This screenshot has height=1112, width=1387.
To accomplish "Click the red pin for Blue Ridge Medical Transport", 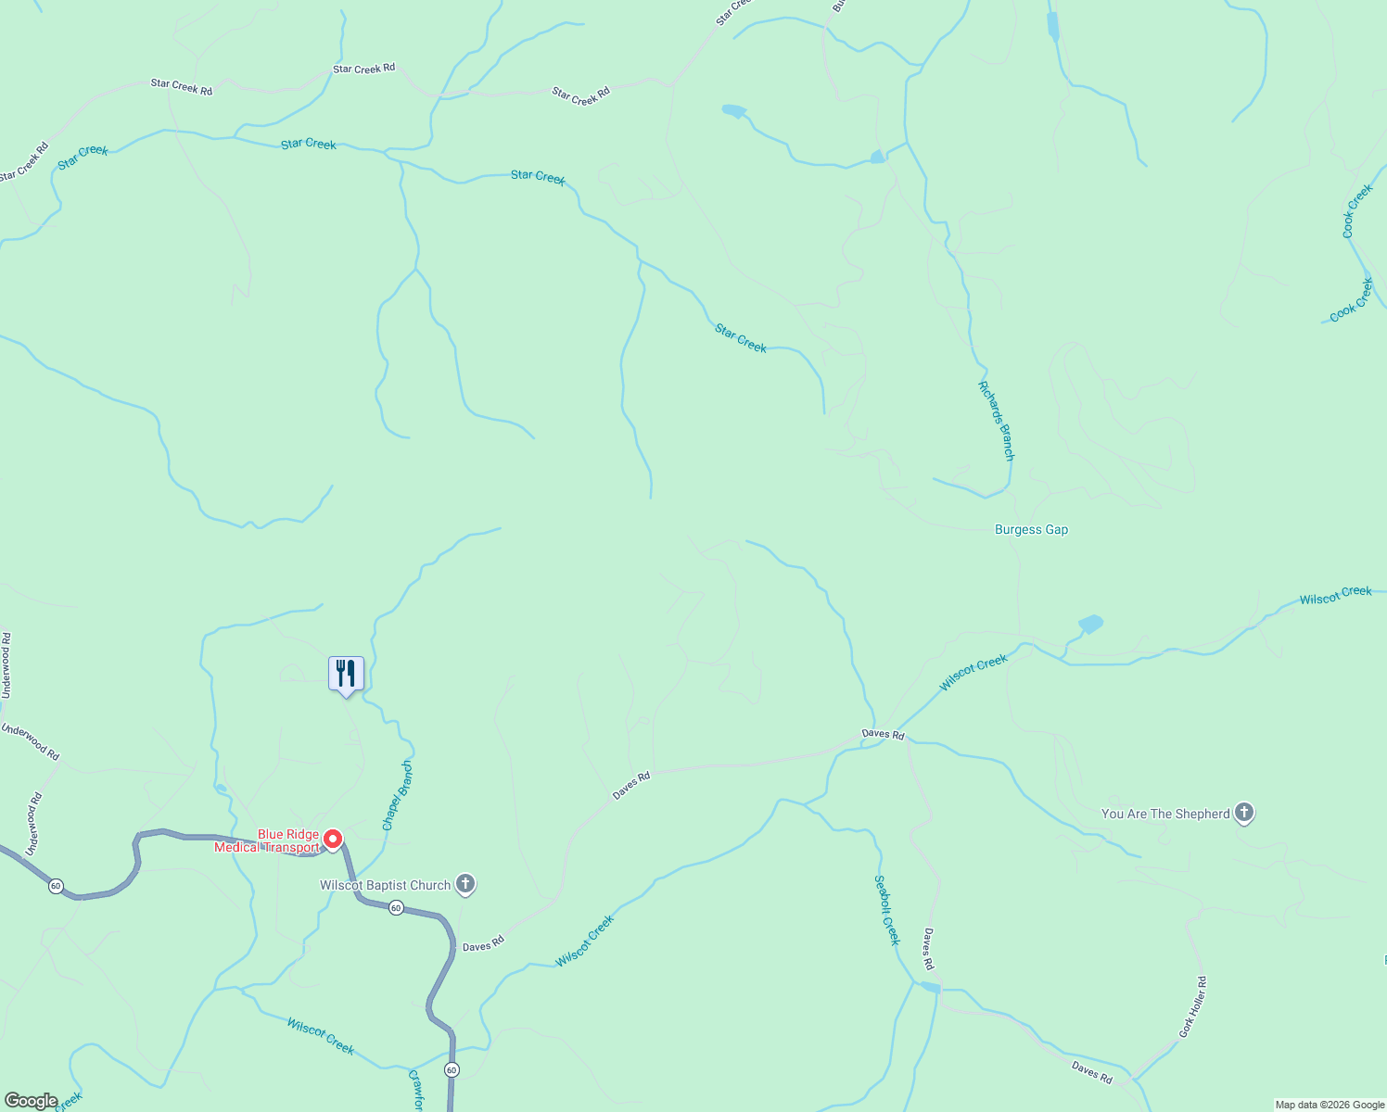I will (x=333, y=840).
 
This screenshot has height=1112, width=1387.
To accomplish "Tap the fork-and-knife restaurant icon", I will (x=346, y=673).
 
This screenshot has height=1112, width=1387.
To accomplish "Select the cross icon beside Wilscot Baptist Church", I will (x=466, y=884).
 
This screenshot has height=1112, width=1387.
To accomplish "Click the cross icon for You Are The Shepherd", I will (x=1244, y=813).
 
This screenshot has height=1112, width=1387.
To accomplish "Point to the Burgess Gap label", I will (x=1031, y=530).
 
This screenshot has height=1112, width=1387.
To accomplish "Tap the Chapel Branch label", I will (x=397, y=795).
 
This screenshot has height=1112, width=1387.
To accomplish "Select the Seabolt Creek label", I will (x=887, y=910).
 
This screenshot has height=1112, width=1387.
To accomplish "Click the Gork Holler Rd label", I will (x=1192, y=1006).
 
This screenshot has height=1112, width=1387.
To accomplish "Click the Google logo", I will (x=31, y=1101).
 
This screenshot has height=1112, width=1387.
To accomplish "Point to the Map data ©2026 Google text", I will (x=1330, y=1105).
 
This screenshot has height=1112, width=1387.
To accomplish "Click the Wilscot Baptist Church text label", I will (x=385, y=885).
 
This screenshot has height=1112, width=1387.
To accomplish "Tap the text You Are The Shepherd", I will (x=1165, y=814).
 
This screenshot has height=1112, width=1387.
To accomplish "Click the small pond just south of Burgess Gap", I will (x=1090, y=624).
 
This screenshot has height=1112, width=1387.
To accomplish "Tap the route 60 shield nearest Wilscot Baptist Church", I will (x=396, y=908).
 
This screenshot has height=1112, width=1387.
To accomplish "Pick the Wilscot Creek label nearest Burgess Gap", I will (x=973, y=673).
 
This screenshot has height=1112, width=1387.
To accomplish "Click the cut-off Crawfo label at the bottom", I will (x=416, y=1092).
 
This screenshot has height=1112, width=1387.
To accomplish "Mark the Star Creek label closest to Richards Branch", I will (x=741, y=338).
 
